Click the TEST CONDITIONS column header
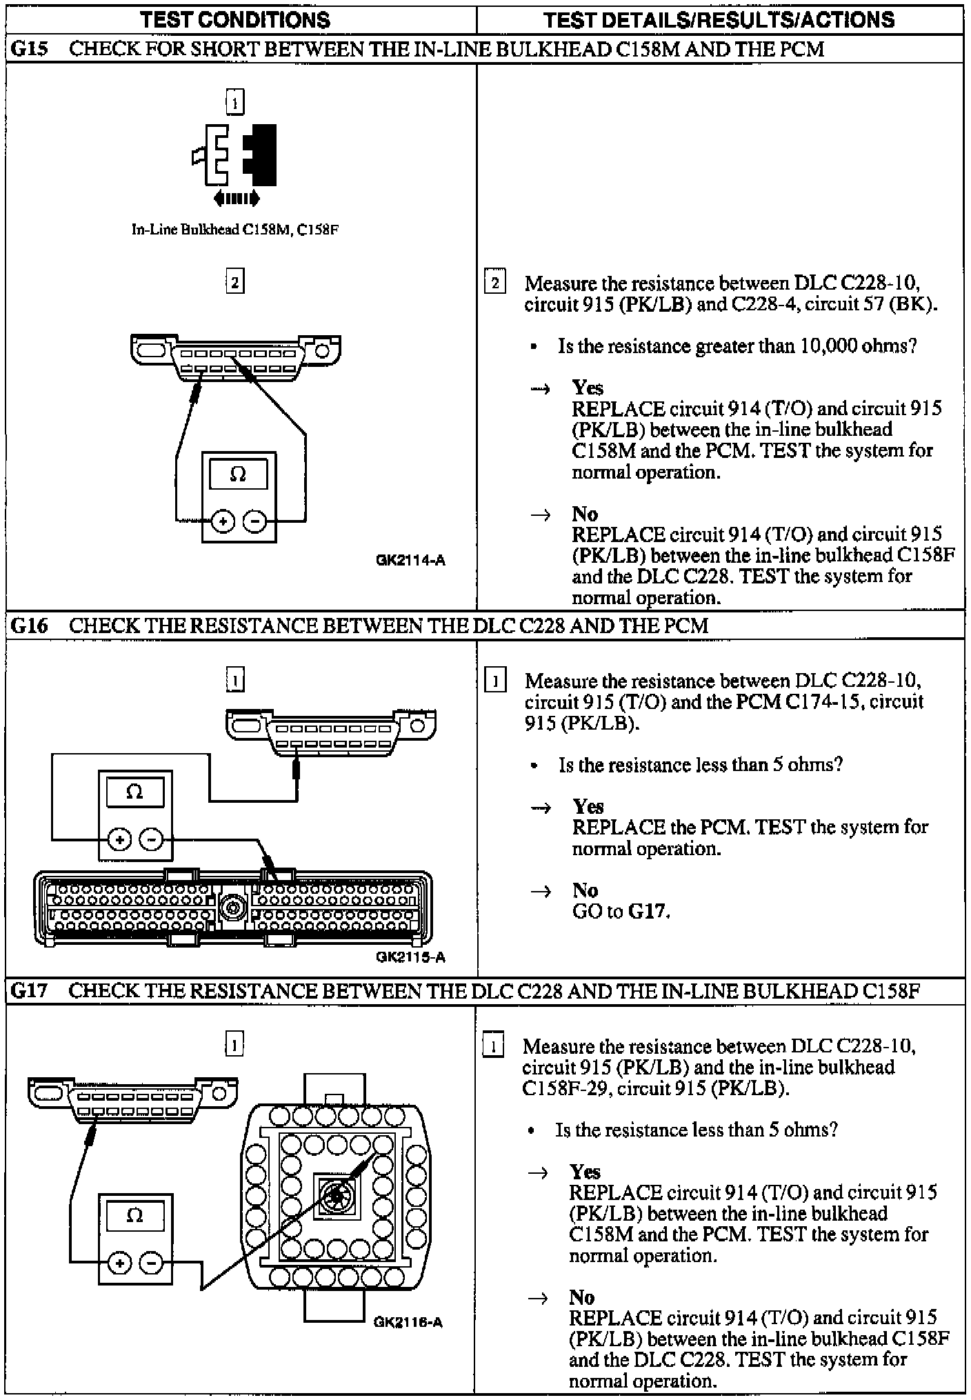pos(235,20)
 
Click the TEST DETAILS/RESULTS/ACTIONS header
pos(719,20)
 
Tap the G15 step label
pos(29,50)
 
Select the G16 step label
pos(29,626)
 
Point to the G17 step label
pos(29,991)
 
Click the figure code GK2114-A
pos(411,560)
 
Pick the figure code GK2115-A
pos(411,957)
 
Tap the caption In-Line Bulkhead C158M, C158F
pos(235,230)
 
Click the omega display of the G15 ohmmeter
pos(238,475)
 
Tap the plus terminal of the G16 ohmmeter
pos(120,839)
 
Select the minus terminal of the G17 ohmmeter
pos(151,1263)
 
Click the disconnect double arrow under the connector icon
pos(237,199)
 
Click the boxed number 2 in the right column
pos(494,283)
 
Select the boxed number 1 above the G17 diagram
pos(234,1045)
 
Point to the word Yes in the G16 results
pos(588,806)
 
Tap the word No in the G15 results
pos(585,514)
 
